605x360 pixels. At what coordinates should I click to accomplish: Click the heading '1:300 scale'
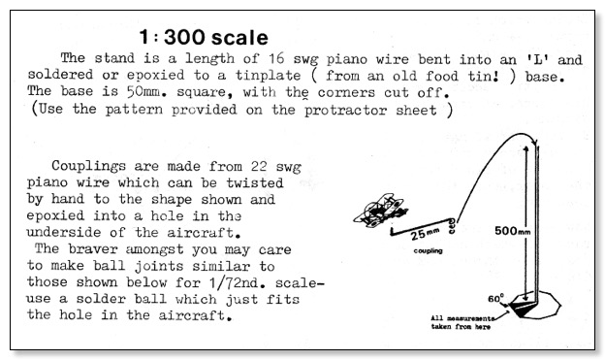coord(204,37)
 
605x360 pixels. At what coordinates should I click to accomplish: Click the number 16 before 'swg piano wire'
coord(276,58)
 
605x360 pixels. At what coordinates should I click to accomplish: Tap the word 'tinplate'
coord(268,75)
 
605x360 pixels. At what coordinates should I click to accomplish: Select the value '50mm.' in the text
coord(148,91)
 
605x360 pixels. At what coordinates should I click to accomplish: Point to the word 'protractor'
coord(346,110)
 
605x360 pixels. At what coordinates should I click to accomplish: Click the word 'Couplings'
coord(89,166)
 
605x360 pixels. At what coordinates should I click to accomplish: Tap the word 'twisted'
coord(255,182)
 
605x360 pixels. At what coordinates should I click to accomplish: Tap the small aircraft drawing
coord(380,211)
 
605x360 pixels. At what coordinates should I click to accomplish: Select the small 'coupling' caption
coord(428,250)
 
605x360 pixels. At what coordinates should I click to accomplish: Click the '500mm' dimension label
coord(512,231)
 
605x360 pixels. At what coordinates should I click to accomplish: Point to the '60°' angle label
coord(495,298)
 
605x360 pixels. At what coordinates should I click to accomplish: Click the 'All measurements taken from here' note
coord(462,322)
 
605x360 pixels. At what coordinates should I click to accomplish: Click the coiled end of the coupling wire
coord(452,226)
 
